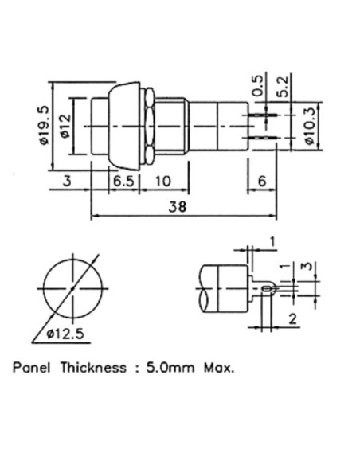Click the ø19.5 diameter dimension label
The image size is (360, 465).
point(43,126)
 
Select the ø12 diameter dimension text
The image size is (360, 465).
point(65,127)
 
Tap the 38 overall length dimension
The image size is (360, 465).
point(178,207)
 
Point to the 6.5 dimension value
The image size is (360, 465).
point(124,181)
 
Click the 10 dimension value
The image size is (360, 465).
point(162,181)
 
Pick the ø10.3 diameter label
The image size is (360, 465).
point(309,127)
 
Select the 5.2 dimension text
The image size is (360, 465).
point(284,87)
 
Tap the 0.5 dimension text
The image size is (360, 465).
point(258,86)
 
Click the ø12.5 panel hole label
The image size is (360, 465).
point(65,334)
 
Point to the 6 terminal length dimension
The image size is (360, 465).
point(262,181)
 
